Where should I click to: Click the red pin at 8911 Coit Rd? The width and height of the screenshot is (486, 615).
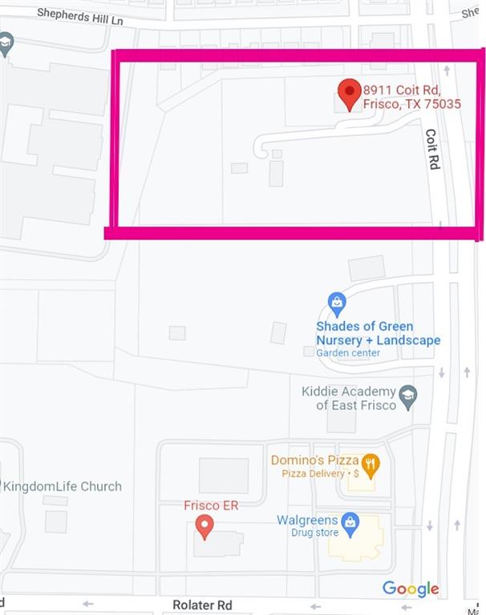click(349, 93)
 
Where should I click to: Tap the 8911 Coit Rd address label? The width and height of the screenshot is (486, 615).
click(411, 97)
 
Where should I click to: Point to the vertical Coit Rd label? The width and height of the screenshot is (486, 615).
click(432, 149)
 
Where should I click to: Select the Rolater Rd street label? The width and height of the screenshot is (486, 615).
click(202, 605)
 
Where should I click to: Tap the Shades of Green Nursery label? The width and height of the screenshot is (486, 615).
click(377, 333)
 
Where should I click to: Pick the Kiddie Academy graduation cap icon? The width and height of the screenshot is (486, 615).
click(408, 397)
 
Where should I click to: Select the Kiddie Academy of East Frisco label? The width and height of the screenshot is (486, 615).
click(349, 398)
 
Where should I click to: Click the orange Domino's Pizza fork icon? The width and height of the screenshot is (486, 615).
click(370, 464)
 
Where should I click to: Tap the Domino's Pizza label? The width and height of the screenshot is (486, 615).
click(314, 460)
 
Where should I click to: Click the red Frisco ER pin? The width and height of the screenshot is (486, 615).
click(205, 526)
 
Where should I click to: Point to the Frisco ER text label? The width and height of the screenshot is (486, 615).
click(211, 505)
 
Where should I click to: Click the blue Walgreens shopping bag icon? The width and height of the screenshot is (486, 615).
click(350, 524)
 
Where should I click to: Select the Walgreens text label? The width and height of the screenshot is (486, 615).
click(307, 521)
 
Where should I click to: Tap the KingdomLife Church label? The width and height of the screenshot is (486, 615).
click(63, 486)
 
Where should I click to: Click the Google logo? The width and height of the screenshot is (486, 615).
click(411, 589)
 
